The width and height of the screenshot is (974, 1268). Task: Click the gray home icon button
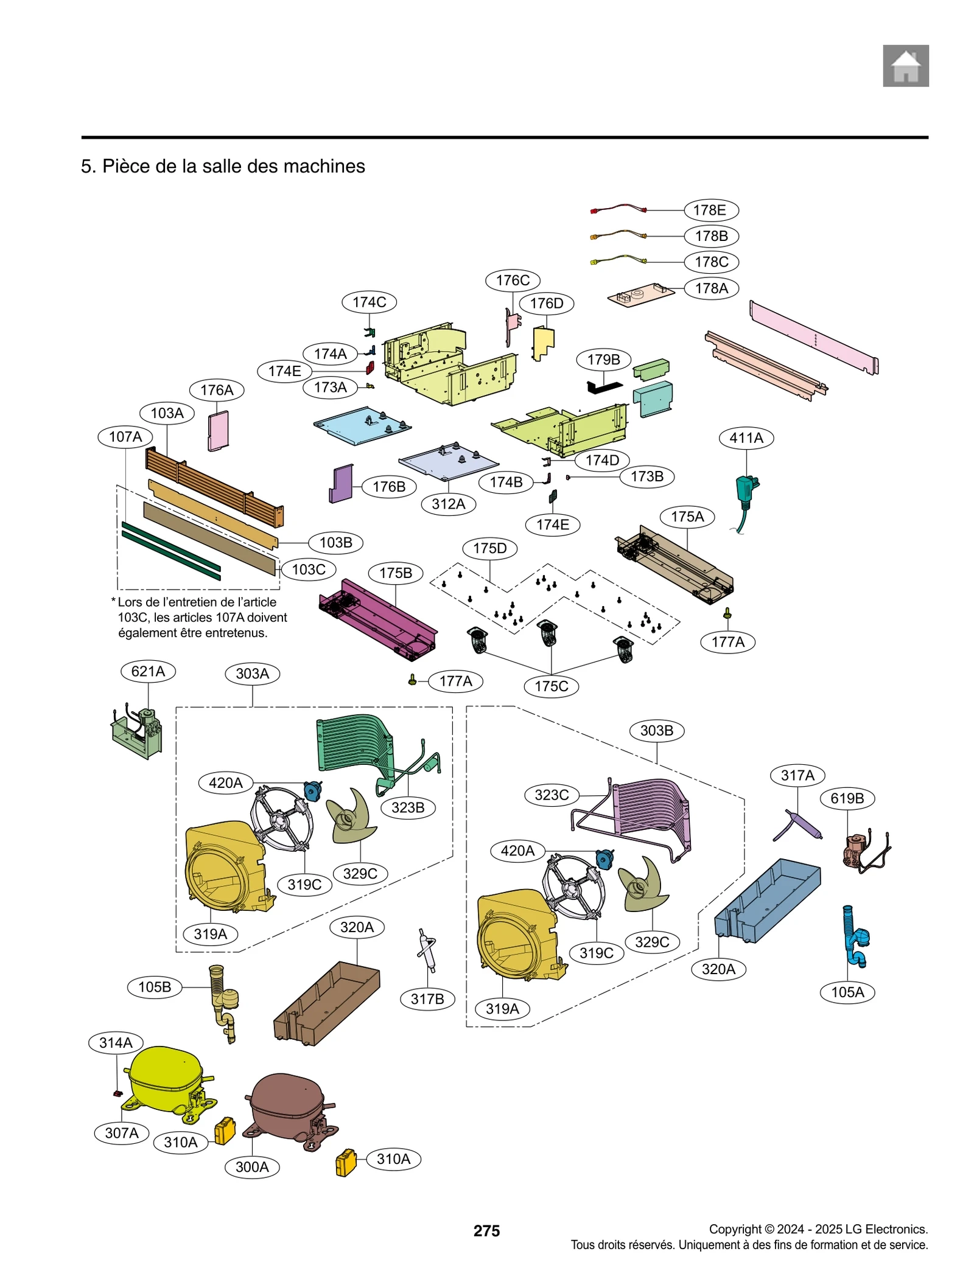pyautogui.click(x=905, y=66)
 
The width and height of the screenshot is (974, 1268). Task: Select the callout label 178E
pyautogui.click(x=710, y=210)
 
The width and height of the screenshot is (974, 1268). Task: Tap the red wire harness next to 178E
pyautogui.click(x=618, y=209)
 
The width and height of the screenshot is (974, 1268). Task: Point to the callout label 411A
pyautogui.click(x=746, y=437)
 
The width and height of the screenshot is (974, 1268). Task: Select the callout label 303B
pyautogui.click(x=656, y=730)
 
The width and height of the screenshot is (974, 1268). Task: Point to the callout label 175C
pyautogui.click(x=551, y=686)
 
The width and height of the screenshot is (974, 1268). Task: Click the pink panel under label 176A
pyautogui.click(x=218, y=430)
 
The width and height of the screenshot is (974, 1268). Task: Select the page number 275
pyautogui.click(x=486, y=1230)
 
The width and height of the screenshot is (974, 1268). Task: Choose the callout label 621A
pyautogui.click(x=148, y=671)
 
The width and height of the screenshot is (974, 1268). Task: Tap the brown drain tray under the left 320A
pyautogui.click(x=328, y=1003)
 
